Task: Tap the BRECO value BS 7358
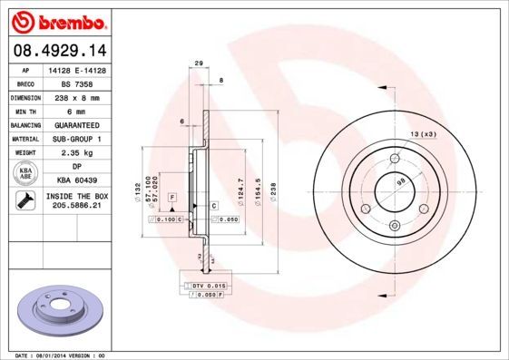[x=77, y=83]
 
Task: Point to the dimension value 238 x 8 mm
[x=77, y=96]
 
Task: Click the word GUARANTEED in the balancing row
[x=77, y=124]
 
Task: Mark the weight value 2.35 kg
[x=77, y=152]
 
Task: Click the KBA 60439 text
[x=77, y=180]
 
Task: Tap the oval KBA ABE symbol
[x=25, y=173]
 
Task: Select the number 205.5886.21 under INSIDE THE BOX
[x=77, y=207]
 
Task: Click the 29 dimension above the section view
[x=198, y=63]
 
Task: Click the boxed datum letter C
[x=214, y=205]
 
